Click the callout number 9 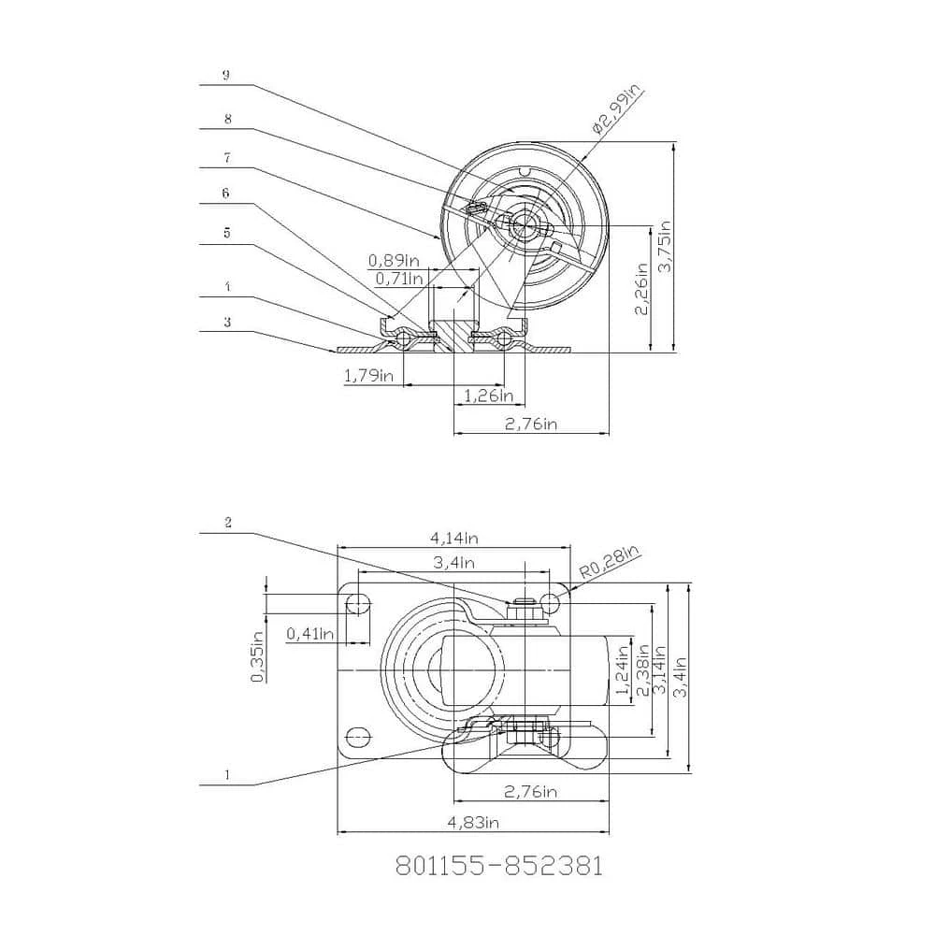point(225,76)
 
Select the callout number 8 point(225,120)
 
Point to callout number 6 point(225,193)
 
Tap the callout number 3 point(225,322)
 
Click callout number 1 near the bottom point(226,774)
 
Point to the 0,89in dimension point(393,260)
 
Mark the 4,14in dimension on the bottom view point(454,539)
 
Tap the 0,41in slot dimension point(310,633)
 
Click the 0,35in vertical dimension point(258,656)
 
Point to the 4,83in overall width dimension point(473,823)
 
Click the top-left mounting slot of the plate point(356,603)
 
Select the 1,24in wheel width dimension point(622,672)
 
